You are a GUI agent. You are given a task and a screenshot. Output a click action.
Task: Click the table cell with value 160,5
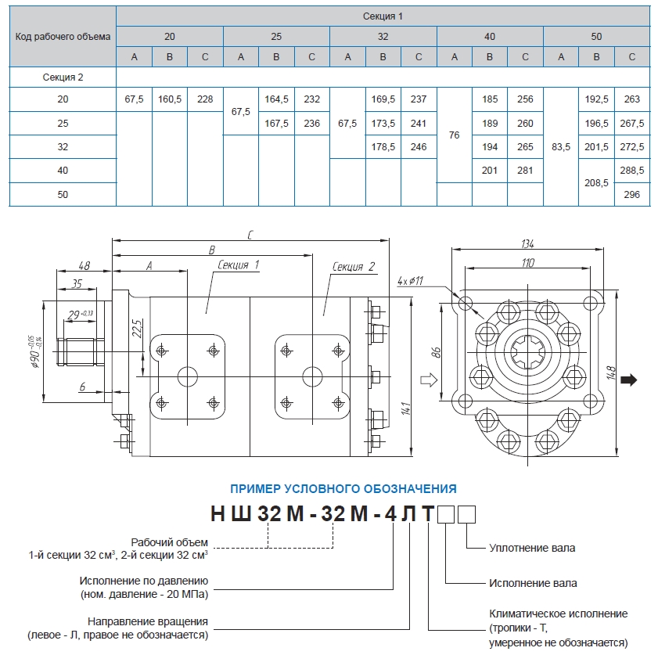[x=170, y=99]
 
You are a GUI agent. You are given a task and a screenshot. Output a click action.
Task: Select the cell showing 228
[x=205, y=99]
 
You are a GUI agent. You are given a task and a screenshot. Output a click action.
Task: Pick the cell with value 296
[x=633, y=195]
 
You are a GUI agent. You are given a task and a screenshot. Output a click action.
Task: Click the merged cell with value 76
[x=454, y=135]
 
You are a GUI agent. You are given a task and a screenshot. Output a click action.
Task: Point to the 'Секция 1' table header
[x=383, y=16]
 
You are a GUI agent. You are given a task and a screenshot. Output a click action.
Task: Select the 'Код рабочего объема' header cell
[x=63, y=36]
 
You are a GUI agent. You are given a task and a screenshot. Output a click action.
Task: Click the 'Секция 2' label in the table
[x=63, y=77]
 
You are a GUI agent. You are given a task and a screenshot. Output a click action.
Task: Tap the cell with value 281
[x=525, y=171]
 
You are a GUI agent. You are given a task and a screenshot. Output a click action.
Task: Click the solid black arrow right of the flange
[x=628, y=380]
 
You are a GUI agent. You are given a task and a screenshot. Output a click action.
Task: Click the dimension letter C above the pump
[x=250, y=234]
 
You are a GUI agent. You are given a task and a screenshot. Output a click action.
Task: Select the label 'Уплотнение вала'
[x=531, y=548]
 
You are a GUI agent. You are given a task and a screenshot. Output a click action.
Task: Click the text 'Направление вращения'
[x=159, y=622]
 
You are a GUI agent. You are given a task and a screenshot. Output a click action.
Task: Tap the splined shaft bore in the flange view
[x=529, y=354]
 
